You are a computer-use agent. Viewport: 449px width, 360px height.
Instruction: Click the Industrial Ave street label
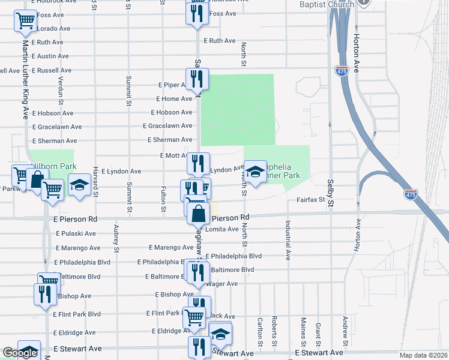(288, 239)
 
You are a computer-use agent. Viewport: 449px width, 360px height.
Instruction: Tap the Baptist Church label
(327, 5)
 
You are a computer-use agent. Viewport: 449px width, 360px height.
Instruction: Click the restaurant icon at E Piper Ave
(196, 79)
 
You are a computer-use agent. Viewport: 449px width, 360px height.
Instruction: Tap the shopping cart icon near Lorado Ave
(25, 22)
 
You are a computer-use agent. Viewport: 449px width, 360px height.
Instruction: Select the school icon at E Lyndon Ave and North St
(255, 172)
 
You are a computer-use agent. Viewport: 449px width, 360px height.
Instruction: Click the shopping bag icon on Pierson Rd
(198, 213)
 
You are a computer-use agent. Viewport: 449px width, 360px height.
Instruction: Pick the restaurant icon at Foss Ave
(196, 14)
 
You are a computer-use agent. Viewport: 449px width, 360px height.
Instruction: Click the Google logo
(20, 353)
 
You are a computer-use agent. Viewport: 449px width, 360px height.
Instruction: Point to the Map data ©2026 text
(423, 355)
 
